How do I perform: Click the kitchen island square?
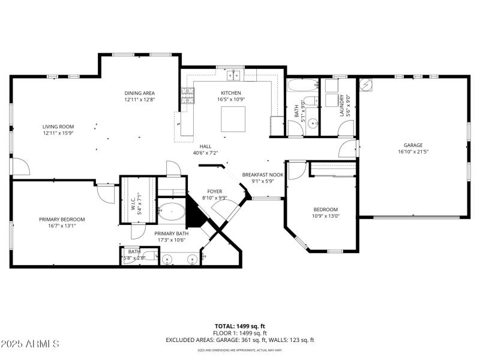233,119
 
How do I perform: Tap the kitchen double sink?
233,76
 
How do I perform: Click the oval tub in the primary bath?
172,212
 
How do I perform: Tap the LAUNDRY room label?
342,106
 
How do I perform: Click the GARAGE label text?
413,145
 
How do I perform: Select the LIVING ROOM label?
58,127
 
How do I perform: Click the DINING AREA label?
140,93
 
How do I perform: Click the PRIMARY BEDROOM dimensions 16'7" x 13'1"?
58,226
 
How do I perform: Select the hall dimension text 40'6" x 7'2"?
205,153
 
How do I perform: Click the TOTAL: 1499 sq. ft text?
240,326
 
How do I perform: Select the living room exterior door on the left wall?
20,167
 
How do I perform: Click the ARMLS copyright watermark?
30,344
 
